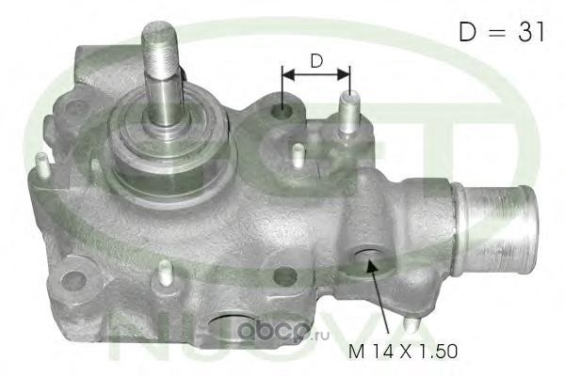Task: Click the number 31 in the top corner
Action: (x=531, y=32)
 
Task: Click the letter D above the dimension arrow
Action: (x=316, y=61)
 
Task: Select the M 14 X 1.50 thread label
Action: (x=403, y=352)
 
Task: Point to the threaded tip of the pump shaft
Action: (x=159, y=48)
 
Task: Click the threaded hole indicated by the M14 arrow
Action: (x=368, y=258)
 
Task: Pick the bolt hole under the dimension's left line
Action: (x=282, y=111)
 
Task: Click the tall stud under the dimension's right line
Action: (x=348, y=112)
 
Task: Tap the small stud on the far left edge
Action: (x=43, y=165)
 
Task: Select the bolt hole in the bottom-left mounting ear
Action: (x=73, y=279)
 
